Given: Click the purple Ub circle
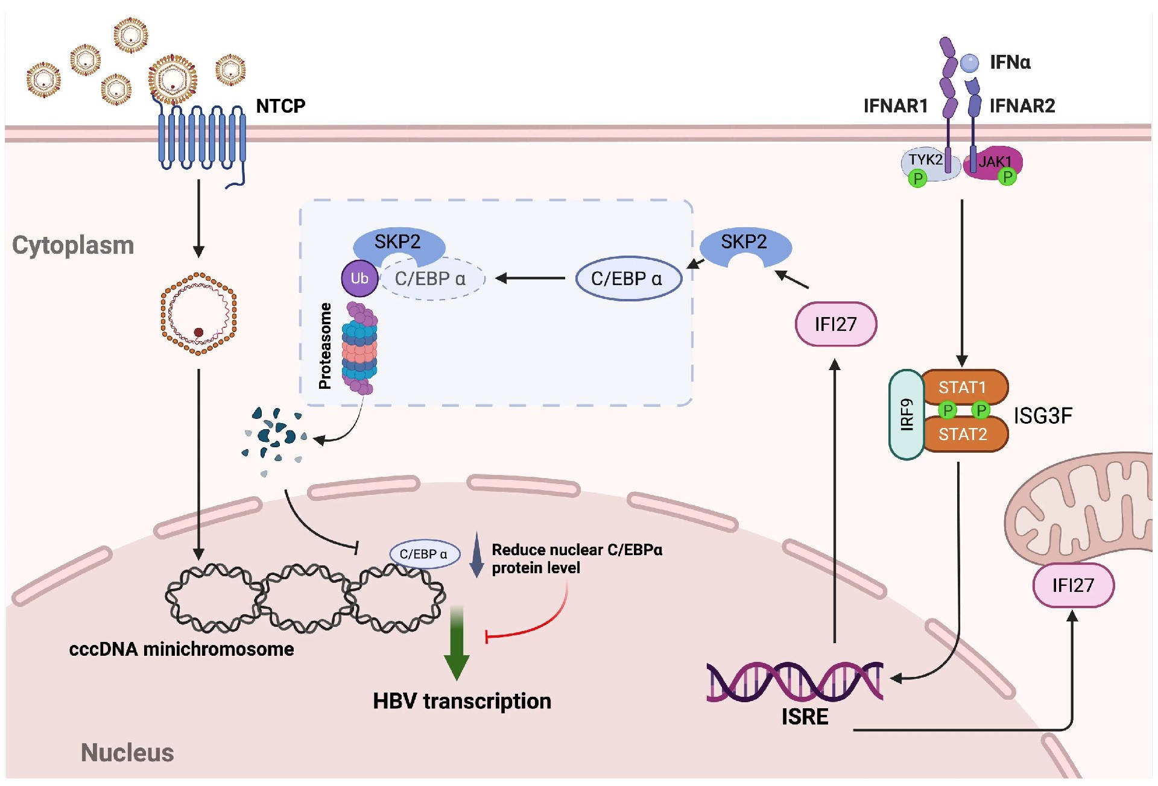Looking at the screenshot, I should (359, 278).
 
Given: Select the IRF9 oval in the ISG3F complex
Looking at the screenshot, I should (906, 415).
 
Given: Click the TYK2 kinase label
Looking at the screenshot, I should (925, 160).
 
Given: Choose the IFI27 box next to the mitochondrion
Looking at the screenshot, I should (1073, 585).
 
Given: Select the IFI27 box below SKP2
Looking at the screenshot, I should (836, 324).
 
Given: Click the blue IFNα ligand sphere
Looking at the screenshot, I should (970, 62).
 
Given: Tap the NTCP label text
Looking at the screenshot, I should (280, 106).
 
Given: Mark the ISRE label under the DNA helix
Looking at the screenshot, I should (805, 717).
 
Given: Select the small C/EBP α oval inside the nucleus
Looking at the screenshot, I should (424, 554).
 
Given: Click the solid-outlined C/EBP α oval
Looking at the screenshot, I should (628, 278).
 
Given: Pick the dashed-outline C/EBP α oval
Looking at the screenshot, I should (431, 278).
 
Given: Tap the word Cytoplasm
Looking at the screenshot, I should (73, 245).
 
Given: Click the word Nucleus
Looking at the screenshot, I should (127, 753).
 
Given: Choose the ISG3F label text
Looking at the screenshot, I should (1043, 416).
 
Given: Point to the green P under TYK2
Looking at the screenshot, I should (917, 178).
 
